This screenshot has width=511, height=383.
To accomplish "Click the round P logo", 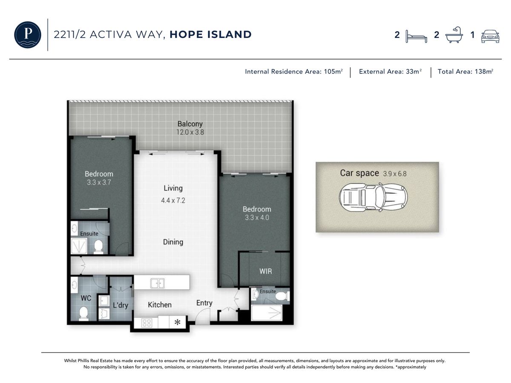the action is click(x=28, y=34).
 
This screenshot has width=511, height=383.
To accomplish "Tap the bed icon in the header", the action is click(x=416, y=36).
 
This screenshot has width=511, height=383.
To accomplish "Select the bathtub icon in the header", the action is click(x=454, y=34).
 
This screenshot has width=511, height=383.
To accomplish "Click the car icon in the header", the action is click(x=490, y=36).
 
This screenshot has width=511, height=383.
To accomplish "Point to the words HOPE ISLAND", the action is click(x=210, y=34).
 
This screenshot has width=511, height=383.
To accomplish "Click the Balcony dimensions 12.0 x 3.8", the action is click(x=190, y=132).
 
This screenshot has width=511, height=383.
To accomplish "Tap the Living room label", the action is click(x=173, y=188).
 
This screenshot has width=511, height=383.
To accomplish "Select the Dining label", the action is click(x=173, y=242).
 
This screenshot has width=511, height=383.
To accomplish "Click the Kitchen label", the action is click(x=160, y=305).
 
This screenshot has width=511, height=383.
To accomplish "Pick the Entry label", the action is click(x=204, y=303).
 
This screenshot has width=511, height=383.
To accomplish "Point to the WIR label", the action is click(x=266, y=271).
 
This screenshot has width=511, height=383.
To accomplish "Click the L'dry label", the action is click(x=121, y=305).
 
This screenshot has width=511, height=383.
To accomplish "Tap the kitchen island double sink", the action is click(x=158, y=283).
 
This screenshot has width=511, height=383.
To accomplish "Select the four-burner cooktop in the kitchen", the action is click(x=146, y=323).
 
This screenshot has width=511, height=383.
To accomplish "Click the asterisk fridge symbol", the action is click(x=178, y=322).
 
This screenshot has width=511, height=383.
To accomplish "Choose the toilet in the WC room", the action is click(x=83, y=313).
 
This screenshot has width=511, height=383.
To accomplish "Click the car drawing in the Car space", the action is click(x=373, y=197).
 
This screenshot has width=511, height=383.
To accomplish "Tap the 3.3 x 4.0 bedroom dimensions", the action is click(x=257, y=217).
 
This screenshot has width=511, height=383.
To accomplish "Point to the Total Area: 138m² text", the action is click(x=465, y=71).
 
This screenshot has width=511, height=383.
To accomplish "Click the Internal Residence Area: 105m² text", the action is click(x=294, y=71).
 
